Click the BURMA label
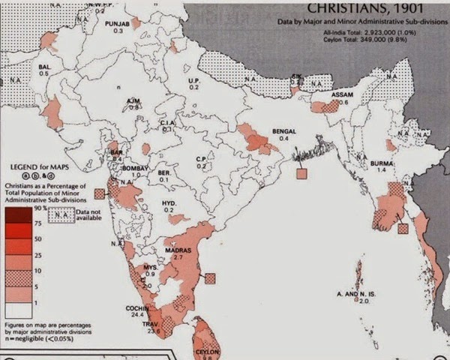[382, 162]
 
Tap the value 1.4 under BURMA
[382, 170]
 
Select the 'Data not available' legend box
[61, 215]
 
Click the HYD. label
[169, 203]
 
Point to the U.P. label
[193, 79]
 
